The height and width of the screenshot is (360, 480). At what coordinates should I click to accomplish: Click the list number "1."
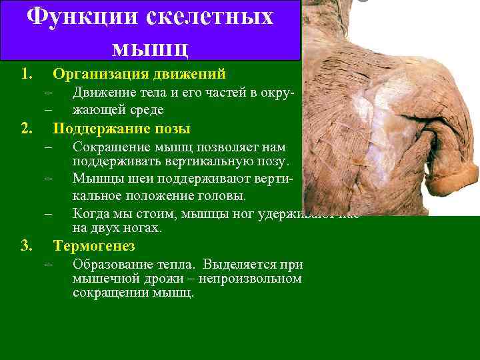click(x=27, y=73)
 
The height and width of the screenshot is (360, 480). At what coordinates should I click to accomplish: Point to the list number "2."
click(x=27, y=129)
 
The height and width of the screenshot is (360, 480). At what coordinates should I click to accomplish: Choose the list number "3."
click(x=27, y=247)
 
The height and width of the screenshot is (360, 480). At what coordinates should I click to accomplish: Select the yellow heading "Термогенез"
click(x=94, y=247)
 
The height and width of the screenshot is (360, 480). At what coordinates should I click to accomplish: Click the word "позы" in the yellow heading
click(x=172, y=129)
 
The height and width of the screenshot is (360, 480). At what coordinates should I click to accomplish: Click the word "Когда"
click(x=90, y=213)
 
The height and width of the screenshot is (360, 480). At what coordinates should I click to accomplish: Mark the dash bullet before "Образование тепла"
click(x=48, y=265)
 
